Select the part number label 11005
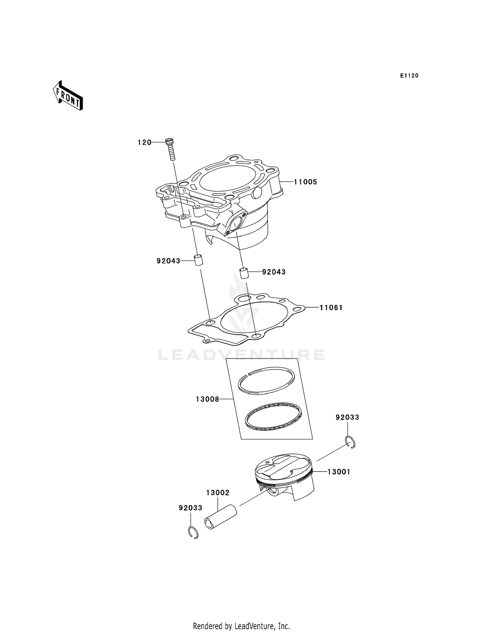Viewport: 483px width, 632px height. (x=305, y=182)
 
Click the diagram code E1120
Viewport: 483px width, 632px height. (x=409, y=76)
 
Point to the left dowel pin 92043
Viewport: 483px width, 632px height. (x=199, y=260)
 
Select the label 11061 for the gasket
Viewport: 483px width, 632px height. (x=331, y=308)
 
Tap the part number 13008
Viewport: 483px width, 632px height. (x=207, y=399)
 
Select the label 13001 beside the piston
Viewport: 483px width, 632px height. (x=339, y=472)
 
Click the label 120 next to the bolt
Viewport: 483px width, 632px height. (x=145, y=142)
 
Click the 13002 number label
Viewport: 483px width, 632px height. (x=218, y=493)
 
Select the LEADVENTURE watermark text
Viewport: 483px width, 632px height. (x=241, y=355)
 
